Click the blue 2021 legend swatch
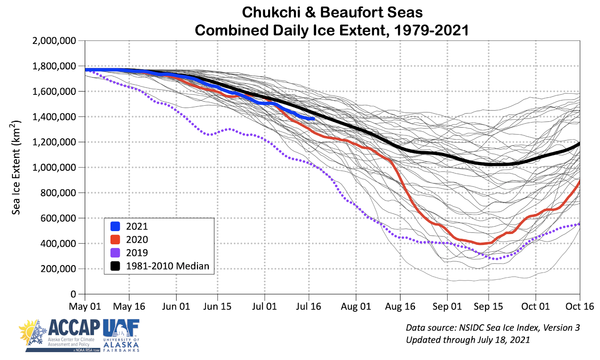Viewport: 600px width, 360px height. pyautogui.click(x=115, y=226)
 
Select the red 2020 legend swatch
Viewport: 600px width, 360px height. pyautogui.click(x=115, y=239)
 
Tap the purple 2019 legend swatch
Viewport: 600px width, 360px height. pyautogui.click(x=115, y=252)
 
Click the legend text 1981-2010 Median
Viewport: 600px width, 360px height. pyautogui.click(x=167, y=266)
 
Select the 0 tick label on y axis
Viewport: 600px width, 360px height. pyautogui.click(x=73, y=294)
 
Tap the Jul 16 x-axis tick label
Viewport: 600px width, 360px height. pyautogui.click(x=308, y=306)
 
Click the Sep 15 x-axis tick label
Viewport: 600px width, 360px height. pyautogui.click(x=488, y=306)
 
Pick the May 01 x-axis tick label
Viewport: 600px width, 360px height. pyautogui.click(x=85, y=306)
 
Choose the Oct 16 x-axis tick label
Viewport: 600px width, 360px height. pyautogui.click(x=579, y=306)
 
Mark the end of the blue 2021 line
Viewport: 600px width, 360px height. pyautogui.click(x=313, y=118)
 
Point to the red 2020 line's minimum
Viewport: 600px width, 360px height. pyautogui.click(x=480, y=244)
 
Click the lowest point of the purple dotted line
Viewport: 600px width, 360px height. pyautogui.click(x=496, y=259)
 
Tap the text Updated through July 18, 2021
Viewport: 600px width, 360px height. pyautogui.click(x=468, y=340)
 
